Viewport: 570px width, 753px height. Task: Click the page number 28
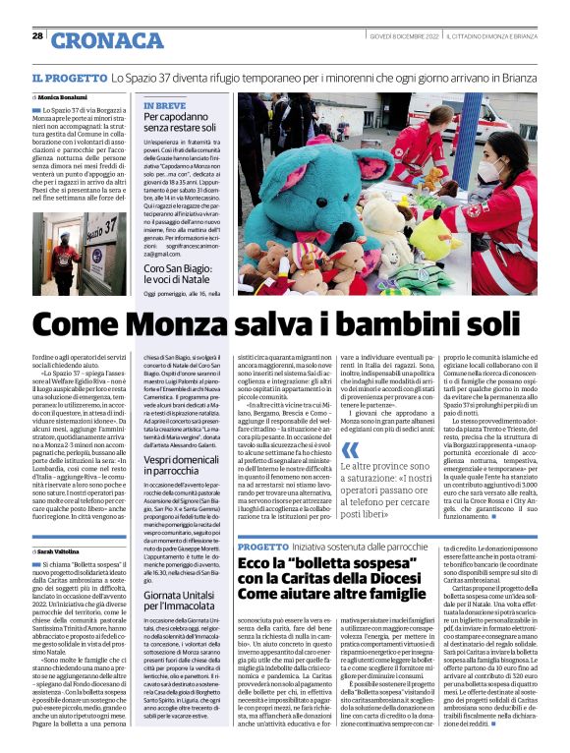(37, 35)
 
